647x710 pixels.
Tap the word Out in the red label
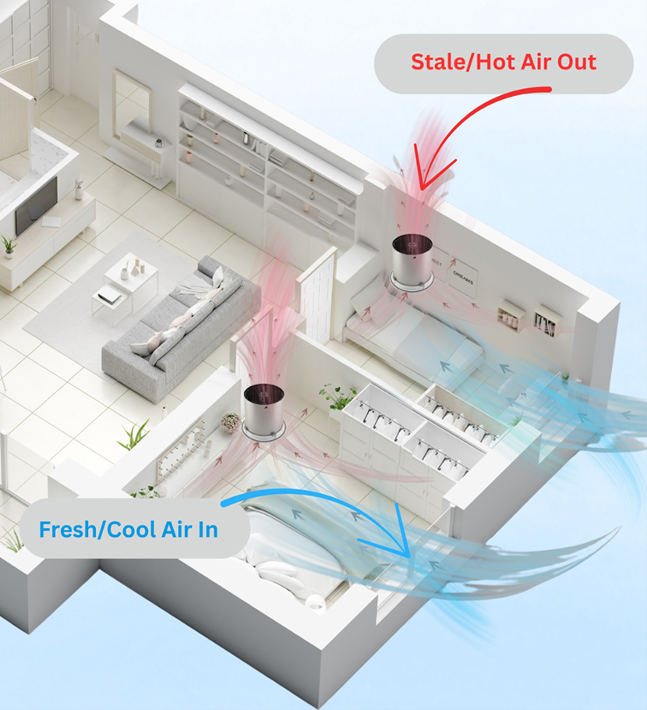point(577,62)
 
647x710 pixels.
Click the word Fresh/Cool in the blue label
point(97,530)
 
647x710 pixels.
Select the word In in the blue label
point(208,530)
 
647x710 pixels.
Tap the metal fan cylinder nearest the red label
point(412,263)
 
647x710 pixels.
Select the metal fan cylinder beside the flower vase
point(263,412)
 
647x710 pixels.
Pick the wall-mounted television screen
point(36,206)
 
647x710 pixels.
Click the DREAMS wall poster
point(463,277)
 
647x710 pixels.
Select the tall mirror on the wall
point(132,106)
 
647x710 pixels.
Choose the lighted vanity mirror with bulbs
point(179,449)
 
